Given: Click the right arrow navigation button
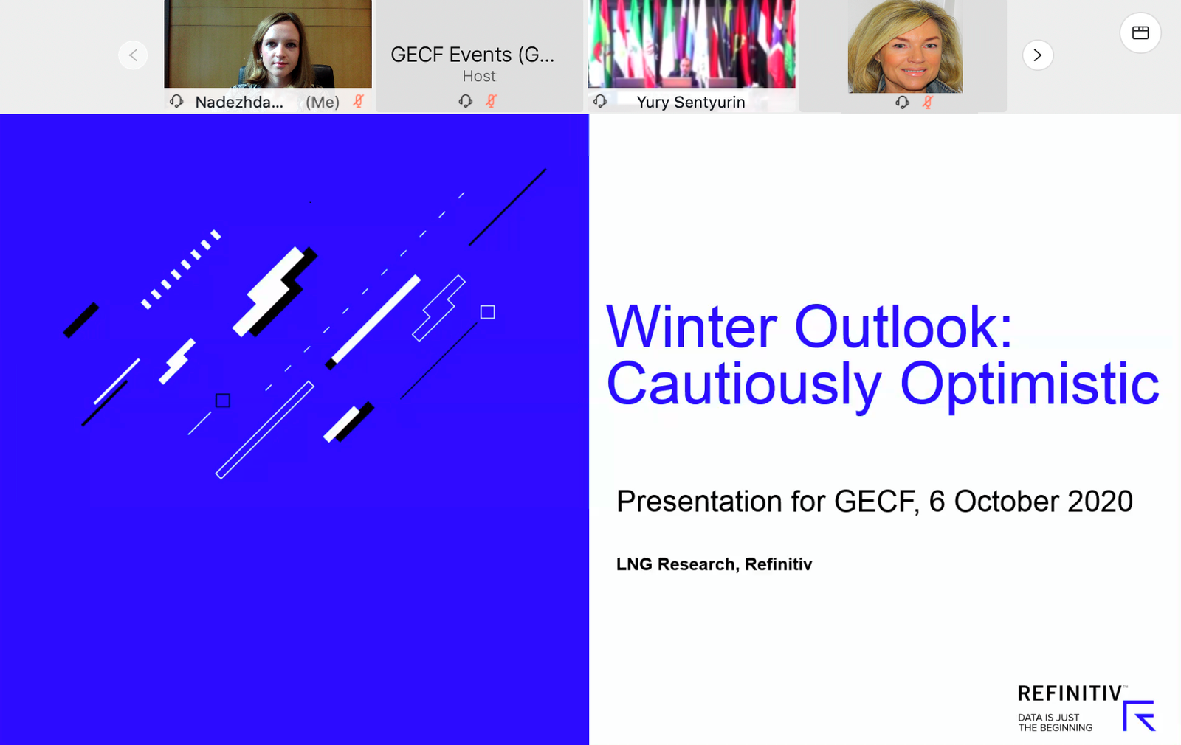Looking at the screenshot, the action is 1038,55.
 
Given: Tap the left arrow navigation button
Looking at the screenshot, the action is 133,55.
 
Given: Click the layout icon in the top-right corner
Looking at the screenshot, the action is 1140,32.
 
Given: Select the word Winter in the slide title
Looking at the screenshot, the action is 691,328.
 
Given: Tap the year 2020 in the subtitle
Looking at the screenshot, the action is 1101,501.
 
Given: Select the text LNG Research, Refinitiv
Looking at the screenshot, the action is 714,564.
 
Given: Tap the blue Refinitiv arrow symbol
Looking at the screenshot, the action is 1139,715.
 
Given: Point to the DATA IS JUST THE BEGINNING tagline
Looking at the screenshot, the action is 1055,722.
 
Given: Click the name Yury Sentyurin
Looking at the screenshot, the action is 691,103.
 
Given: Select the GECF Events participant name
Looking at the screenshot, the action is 472,55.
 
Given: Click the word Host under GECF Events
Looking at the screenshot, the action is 479,77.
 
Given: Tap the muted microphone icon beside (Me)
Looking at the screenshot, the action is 359,101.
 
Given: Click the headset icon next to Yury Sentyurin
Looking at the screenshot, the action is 600,100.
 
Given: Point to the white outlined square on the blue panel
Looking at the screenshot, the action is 488,313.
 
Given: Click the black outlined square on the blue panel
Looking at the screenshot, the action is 223,401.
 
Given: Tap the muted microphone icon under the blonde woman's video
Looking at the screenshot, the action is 927,102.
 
